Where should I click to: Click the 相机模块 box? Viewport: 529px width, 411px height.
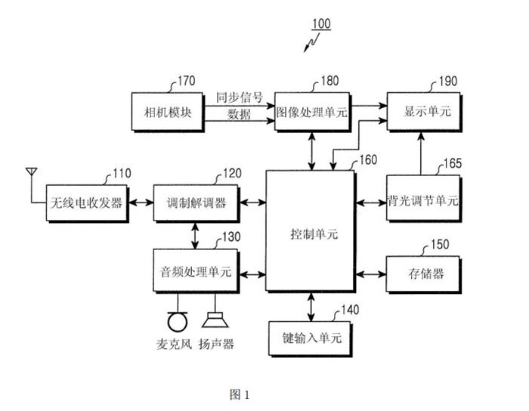tap(167, 112)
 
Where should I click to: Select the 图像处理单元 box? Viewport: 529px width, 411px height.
tap(311, 112)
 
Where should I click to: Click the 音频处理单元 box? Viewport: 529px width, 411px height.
tap(195, 271)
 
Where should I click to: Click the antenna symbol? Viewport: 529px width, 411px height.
tap(31, 175)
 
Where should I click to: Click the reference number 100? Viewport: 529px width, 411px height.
tap(320, 23)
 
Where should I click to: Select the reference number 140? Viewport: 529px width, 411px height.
tap(350, 309)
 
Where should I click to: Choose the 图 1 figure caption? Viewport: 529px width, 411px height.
tap(239, 394)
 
